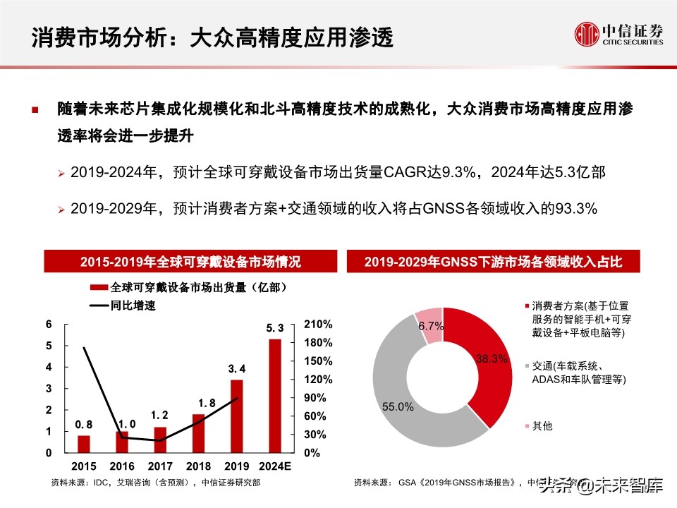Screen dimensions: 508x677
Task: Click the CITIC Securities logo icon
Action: tap(586, 34)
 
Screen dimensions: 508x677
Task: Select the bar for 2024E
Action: tap(275, 395)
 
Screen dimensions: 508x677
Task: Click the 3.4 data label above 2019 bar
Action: tap(237, 369)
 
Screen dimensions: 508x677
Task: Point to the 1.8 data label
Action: tap(198, 403)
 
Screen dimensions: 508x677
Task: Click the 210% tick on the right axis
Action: tap(318, 325)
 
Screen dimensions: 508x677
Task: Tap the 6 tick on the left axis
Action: tap(49, 325)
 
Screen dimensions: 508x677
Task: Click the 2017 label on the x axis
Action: tap(160, 467)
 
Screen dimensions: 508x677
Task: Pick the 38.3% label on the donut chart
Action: tap(492, 358)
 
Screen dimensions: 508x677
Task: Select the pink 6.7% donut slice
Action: tap(429, 326)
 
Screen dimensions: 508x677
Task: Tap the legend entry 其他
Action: tap(542, 426)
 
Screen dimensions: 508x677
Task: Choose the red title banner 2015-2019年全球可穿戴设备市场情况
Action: tap(190, 262)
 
